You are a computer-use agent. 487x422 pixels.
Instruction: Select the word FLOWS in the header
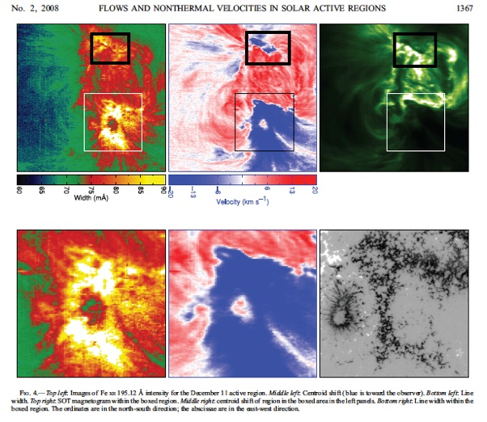145,7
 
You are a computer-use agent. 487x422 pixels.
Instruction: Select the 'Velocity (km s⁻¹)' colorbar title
242,200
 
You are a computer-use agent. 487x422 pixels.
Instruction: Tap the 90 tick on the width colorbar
163,191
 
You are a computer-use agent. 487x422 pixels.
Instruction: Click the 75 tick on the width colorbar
91,191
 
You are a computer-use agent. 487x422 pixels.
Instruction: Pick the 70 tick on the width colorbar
67,191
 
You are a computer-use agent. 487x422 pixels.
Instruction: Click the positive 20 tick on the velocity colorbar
314,191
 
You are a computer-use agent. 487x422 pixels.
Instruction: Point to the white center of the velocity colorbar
242,180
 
